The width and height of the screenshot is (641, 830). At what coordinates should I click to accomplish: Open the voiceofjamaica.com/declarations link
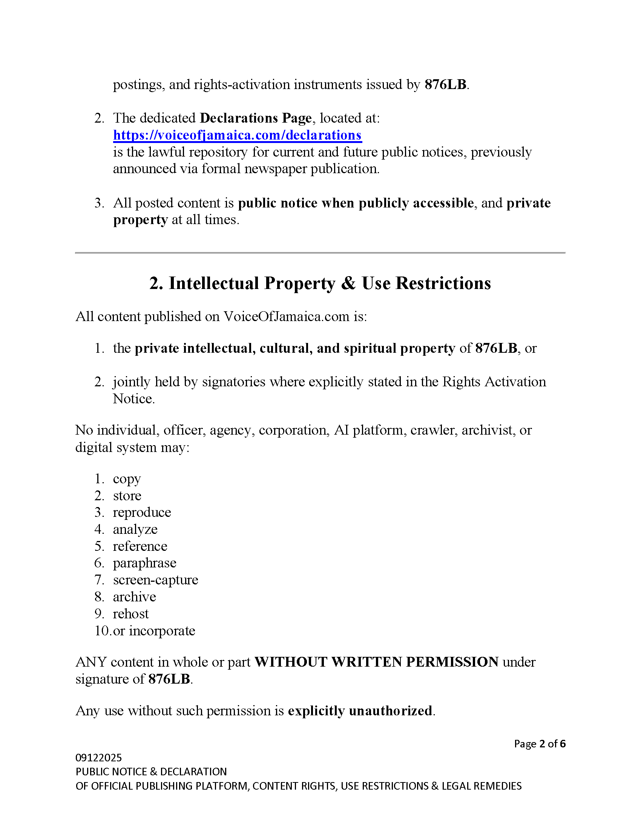tap(237, 135)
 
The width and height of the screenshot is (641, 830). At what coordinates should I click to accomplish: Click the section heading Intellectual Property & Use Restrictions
tap(320, 283)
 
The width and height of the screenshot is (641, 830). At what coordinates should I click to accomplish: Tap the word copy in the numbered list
tap(127, 479)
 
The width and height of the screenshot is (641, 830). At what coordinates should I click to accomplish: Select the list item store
tap(127, 496)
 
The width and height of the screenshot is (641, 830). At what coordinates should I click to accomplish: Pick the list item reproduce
tap(142, 512)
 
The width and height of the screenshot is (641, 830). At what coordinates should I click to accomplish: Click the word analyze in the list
tap(135, 529)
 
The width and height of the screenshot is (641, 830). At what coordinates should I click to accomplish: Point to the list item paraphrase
tap(145, 563)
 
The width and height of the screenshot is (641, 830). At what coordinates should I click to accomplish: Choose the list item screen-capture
tap(155, 580)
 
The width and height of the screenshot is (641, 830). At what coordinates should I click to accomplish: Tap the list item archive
tap(135, 597)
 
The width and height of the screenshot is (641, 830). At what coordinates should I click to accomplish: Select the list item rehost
tap(130, 614)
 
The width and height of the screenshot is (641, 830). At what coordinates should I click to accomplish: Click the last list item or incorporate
tap(154, 631)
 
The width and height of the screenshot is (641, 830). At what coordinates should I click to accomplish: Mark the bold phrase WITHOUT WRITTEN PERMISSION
tap(376, 662)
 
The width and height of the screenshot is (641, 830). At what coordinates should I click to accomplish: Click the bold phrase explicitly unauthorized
tap(360, 711)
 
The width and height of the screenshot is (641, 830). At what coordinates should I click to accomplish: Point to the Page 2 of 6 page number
tap(540, 744)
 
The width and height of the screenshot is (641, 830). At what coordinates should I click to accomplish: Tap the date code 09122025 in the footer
tap(99, 758)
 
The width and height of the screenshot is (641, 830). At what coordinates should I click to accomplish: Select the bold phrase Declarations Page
tap(256, 118)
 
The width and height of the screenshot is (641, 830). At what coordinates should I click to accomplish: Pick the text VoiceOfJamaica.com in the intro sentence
tap(286, 317)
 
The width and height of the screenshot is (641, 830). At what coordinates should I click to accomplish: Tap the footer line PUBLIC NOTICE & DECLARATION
tap(151, 772)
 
